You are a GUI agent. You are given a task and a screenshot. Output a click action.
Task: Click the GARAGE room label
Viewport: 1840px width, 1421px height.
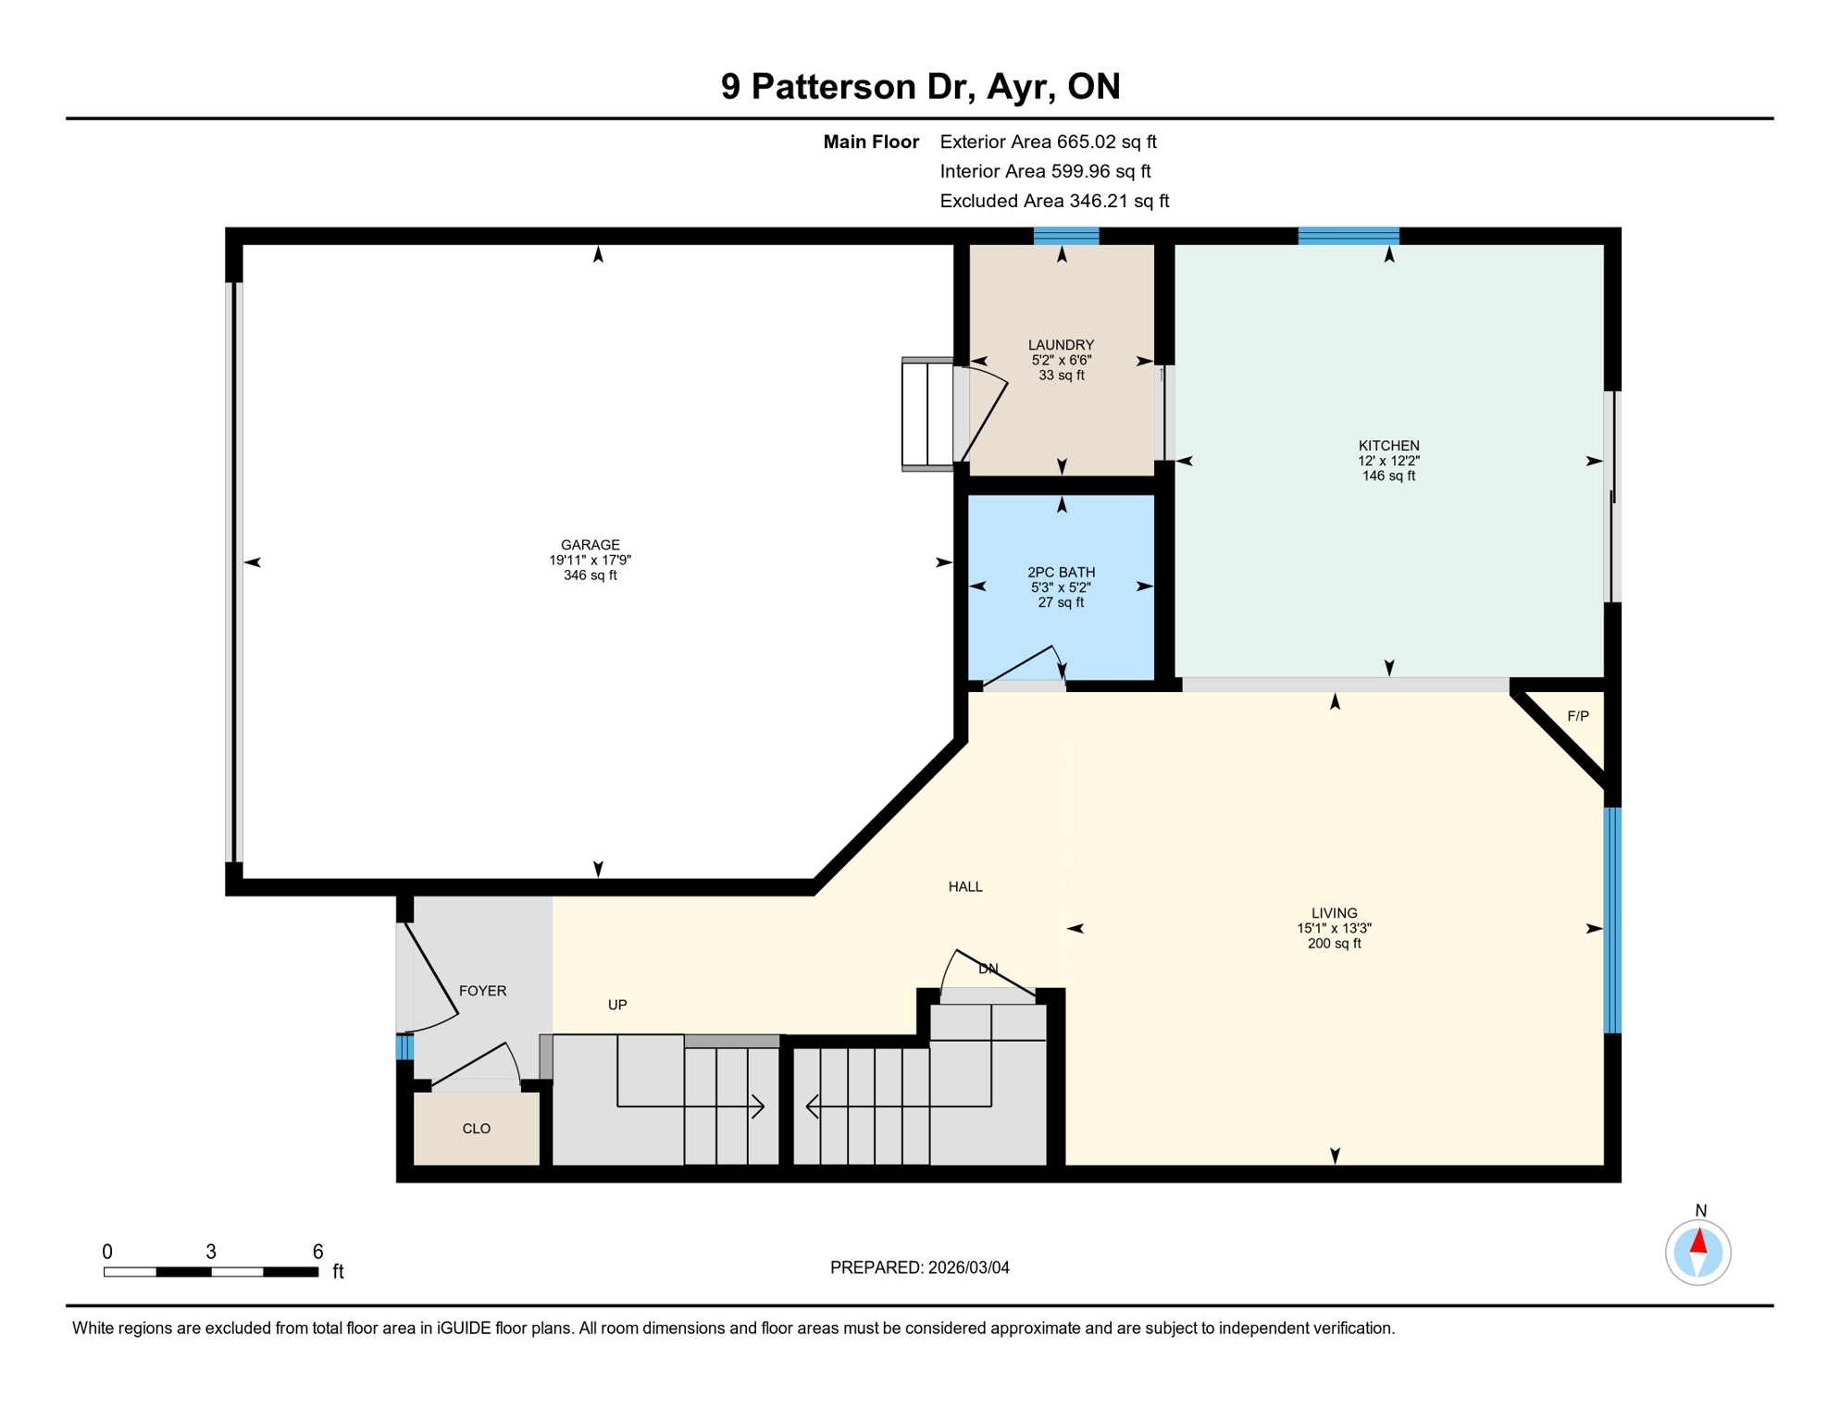pyautogui.click(x=590, y=545)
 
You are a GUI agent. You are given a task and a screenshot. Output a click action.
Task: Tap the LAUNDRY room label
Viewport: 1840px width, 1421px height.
pyautogui.click(x=1061, y=345)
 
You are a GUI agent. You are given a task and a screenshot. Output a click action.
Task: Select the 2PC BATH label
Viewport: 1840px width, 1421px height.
pyautogui.click(x=1061, y=573)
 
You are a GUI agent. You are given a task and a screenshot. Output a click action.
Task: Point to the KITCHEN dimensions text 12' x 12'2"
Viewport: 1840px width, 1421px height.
pyautogui.click(x=1388, y=461)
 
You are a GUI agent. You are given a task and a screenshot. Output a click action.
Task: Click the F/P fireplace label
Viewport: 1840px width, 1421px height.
pyautogui.click(x=1578, y=716)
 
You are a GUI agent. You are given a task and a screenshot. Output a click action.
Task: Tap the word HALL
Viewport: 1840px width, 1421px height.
pyautogui.click(x=965, y=886)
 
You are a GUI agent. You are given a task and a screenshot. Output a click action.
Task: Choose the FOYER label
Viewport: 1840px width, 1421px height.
pyautogui.click(x=482, y=991)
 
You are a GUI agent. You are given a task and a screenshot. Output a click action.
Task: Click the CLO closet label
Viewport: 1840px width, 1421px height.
pyautogui.click(x=476, y=1129)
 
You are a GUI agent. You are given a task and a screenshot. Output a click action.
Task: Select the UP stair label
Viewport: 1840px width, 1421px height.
pyautogui.click(x=617, y=1005)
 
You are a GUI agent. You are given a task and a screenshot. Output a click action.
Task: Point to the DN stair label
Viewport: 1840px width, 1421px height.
pyautogui.click(x=988, y=969)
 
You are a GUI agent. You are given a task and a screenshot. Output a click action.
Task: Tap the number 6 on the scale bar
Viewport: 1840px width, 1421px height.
pyautogui.click(x=317, y=1252)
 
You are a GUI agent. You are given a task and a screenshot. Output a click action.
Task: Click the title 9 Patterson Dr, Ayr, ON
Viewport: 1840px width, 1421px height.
pyautogui.click(x=920, y=86)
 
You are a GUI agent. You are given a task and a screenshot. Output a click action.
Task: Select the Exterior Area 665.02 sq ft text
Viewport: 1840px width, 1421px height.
pyautogui.click(x=1048, y=142)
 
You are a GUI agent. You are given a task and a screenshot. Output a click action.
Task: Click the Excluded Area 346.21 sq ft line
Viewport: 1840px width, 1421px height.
pyautogui.click(x=1054, y=201)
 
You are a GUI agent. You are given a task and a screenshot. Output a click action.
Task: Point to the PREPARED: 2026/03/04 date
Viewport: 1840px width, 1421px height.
pyautogui.click(x=919, y=1267)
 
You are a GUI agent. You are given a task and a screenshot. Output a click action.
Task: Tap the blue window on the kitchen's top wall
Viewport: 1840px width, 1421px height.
pyautogui.click(x=1348, y=236)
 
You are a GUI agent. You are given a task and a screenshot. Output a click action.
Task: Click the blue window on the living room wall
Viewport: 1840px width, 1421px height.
pyautogui.click(x=1611, y=920)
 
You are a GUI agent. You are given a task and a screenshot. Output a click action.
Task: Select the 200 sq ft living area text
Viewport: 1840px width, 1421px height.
pyautogui.click(x=1334, y=944)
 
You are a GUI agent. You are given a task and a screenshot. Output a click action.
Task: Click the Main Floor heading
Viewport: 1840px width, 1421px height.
pyautogui.click(x=871, y=142)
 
